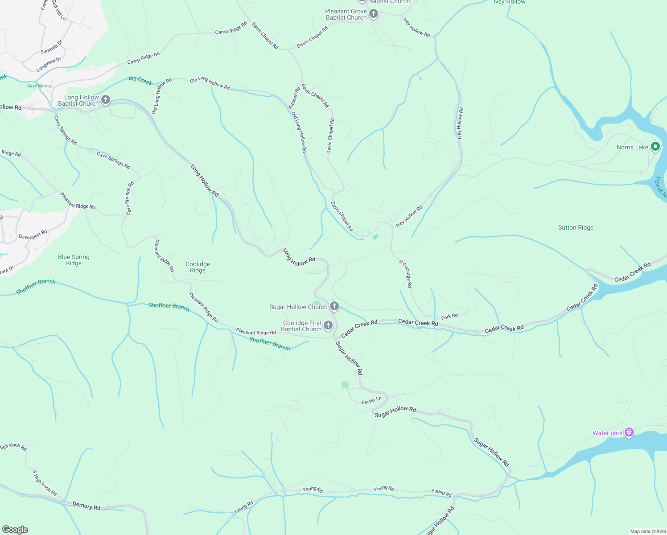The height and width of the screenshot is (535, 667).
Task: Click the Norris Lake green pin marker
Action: (x=655, y=146)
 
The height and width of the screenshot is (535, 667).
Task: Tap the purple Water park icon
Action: (x=629, y=432)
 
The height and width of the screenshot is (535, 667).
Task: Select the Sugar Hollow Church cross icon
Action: (x=334, y=306)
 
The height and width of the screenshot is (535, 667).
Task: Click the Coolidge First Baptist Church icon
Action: (x=328, y=325)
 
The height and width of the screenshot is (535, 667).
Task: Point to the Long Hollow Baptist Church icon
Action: (x=106, y=99)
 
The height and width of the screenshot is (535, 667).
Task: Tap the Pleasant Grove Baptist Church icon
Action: (x=374, y=14)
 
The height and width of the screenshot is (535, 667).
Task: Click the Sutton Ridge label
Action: (x=576, y=227)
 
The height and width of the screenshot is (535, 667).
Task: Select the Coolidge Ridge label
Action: (x=198, y=267)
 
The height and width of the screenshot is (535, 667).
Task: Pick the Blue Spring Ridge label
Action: (x=74, y=260)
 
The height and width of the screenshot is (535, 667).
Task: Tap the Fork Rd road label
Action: (x=449, y=317)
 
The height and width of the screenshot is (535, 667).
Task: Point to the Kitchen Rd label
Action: (x=294, y=98)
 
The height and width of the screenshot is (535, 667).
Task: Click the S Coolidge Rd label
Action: (x=406, y=273)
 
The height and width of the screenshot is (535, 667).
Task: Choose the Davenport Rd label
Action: (x=33, y=235)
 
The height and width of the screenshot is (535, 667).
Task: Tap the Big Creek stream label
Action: (x=140, y=80)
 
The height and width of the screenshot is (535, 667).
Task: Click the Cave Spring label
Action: (x=39, y=86)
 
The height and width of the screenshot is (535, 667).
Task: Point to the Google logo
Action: (x=15, y=530)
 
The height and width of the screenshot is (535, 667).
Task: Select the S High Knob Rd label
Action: (x=45, y=483)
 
